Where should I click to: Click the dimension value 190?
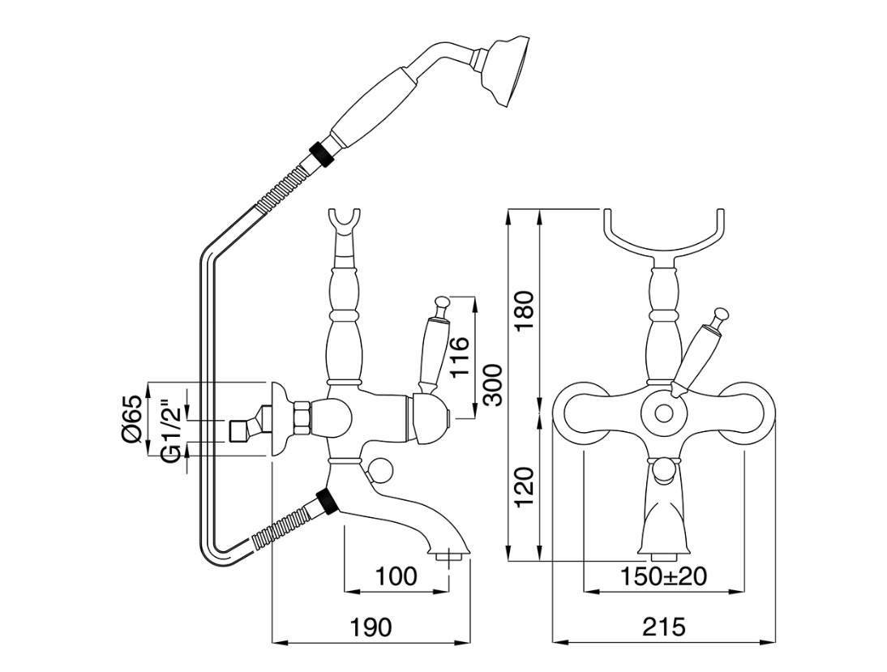pos(371,627)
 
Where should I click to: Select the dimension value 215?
pos(664,627)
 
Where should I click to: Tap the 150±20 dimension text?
pos(663,576)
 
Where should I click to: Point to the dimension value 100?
pos(396,576)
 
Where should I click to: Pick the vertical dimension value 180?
pos(525,311)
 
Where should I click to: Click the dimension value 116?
pos(460,357)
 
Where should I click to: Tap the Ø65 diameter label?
pos(132,419)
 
